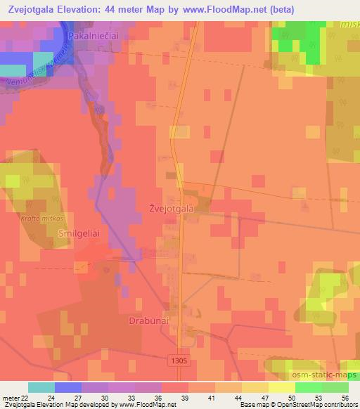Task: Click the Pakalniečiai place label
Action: (95, 34)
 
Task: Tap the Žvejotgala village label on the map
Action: (170, 208)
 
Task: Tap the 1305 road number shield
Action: (179, 360)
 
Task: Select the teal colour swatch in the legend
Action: (41, 387)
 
